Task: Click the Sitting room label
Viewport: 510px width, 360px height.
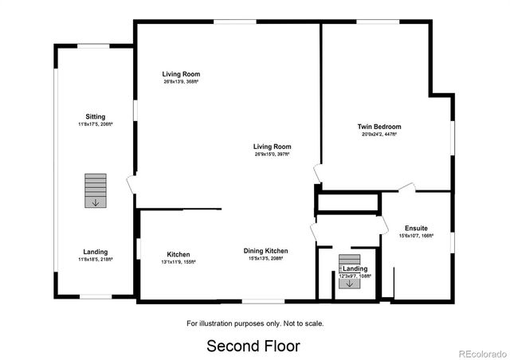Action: click(96, 116)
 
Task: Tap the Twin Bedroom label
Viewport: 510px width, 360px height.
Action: click(379, 127)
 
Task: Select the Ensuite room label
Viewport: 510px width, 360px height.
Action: click(416, 228)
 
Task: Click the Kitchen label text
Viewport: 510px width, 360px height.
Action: click(178, 254)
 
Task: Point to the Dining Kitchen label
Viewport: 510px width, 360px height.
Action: click(266, 251)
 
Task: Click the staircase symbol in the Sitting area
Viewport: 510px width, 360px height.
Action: click(96, 191)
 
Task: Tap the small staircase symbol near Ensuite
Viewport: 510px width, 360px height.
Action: click(349, 271)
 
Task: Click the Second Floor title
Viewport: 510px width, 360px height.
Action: click(254, 346)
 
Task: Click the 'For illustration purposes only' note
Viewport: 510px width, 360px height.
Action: click(255, 323)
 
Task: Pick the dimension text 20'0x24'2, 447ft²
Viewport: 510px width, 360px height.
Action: click(379, 135)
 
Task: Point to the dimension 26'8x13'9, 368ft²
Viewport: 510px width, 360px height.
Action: click(181, 81)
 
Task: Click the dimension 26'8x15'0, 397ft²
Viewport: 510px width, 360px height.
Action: click(272, 155)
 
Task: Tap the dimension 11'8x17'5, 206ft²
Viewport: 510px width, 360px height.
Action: click(96, 124)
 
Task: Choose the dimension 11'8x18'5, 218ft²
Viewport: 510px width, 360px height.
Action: click(96, 260)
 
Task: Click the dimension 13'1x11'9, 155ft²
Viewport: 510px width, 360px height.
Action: click(178, 261)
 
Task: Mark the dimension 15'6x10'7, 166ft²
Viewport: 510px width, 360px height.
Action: click(416, 236)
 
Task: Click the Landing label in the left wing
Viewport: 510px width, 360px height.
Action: click(96, 252)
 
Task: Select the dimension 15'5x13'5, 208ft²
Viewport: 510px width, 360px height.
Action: click(266, 259)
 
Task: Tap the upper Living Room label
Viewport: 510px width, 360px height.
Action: click(181, 73)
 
